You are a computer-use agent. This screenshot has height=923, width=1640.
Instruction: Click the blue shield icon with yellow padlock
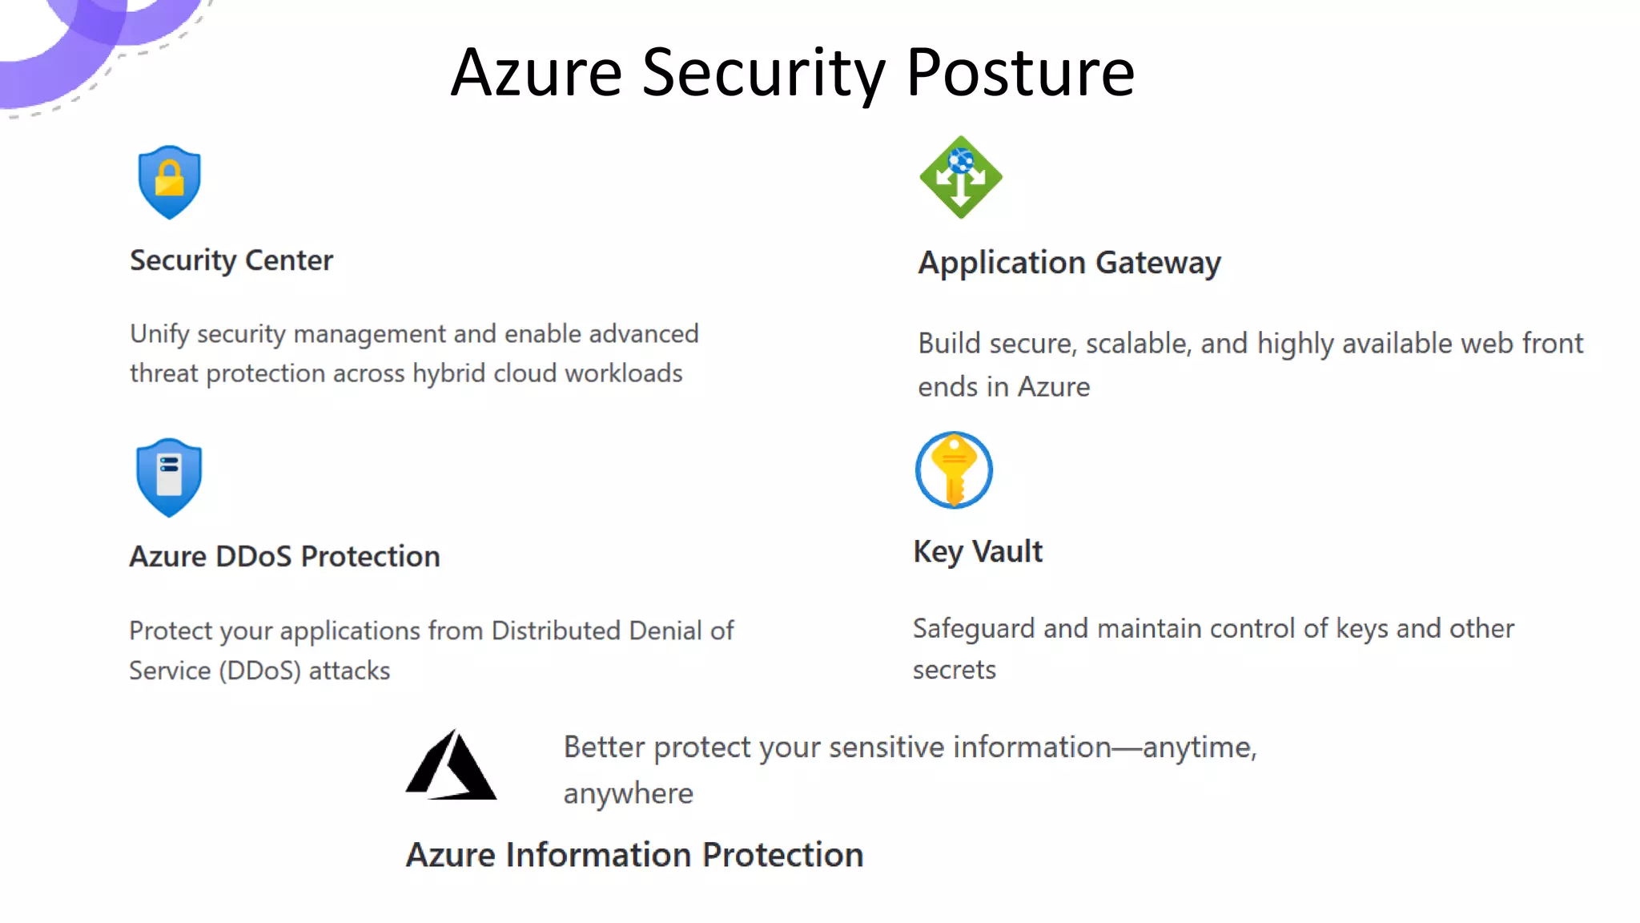coord(169,182)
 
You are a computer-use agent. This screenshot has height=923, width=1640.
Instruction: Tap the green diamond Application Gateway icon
coord(960,177)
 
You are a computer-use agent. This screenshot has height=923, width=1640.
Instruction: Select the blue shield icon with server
coord(169,477)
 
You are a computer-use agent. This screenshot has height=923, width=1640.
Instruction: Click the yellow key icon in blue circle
coord(954,470)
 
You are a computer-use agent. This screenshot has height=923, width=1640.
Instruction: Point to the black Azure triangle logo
coord(451,765)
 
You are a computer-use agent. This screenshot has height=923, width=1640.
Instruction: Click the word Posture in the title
coord(1020,73)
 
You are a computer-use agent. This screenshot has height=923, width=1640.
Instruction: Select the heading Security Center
coord(231,260)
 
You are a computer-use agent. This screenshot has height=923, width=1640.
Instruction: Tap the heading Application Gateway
coord(1069,263)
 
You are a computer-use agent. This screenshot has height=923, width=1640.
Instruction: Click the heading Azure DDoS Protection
coord(284,556)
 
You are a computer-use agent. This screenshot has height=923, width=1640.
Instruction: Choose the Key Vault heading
coord(978,552)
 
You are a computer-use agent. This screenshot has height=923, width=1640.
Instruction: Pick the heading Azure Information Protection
coord(634,855)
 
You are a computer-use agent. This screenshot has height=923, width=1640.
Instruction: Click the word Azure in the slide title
coord(537,73)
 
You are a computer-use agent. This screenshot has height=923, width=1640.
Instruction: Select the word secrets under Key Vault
coord(955,670)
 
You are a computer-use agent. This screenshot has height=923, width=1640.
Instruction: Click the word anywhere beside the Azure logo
coord(628,794)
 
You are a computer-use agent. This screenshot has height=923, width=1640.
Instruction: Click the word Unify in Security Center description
coord(159,334)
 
